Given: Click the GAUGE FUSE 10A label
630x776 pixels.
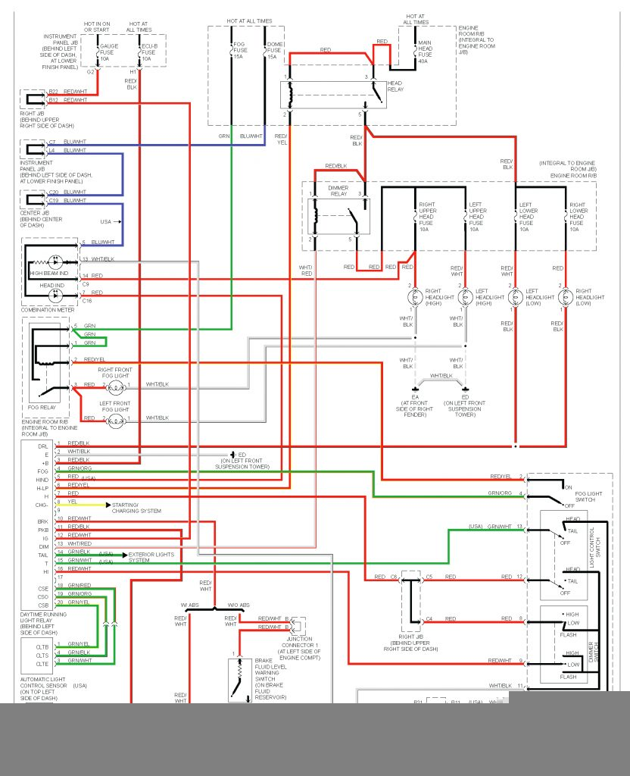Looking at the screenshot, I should [110, 52].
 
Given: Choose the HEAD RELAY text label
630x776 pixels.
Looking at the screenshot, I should [395, 86].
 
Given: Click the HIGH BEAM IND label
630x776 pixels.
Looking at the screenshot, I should [50, 272].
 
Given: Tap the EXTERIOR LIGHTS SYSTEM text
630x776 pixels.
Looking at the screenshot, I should [151, 556].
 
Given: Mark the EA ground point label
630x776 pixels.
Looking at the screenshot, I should [415, 396].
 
